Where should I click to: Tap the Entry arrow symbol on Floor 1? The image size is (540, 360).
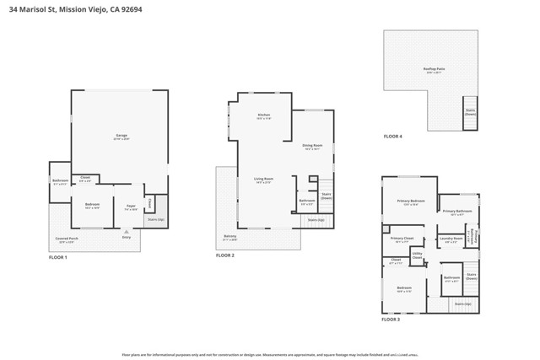tap(126, 231)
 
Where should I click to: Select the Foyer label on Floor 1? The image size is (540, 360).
tap(131, 207)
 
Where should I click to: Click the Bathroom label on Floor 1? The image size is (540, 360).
tap(60, 181)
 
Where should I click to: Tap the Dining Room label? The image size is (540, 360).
tap(312, 146)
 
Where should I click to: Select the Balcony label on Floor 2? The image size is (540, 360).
tap(229, 237)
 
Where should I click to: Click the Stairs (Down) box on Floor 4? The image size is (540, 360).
tap(470, 111)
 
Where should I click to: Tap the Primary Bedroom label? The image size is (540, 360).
tap(411, 201)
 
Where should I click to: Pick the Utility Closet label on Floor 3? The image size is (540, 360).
tap(417, 255)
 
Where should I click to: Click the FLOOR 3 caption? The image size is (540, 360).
tap(391, 320)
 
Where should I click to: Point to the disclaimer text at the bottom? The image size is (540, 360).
tap(270, 355)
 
